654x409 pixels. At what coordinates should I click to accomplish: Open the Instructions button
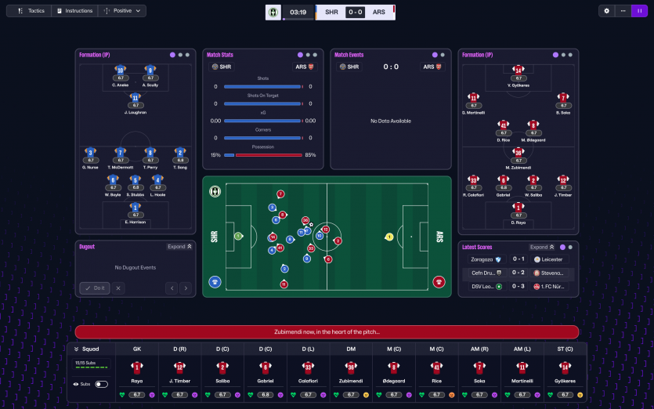coord(74,11)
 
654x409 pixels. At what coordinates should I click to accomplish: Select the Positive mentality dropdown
coord(122,11)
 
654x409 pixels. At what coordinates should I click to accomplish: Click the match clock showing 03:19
coord(298,12)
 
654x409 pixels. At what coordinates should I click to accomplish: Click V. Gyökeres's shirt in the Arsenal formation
coord(519,71)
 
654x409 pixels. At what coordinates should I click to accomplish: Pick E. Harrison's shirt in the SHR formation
coord(135,207)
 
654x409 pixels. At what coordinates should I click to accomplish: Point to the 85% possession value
coord(310,155)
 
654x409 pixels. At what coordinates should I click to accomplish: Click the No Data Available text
coord(391,121)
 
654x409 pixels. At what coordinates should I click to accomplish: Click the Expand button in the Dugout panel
coord(179,247)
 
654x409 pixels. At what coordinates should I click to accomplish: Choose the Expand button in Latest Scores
coord(541,247)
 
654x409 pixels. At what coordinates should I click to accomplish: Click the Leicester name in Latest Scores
coord(551,259)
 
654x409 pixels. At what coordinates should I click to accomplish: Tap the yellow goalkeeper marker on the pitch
coord(388,237)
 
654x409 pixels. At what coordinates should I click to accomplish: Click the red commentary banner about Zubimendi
coord(327,332)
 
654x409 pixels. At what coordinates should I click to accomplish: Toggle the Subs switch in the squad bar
coord(102,384)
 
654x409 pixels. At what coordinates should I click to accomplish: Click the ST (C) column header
coord(566,348)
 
